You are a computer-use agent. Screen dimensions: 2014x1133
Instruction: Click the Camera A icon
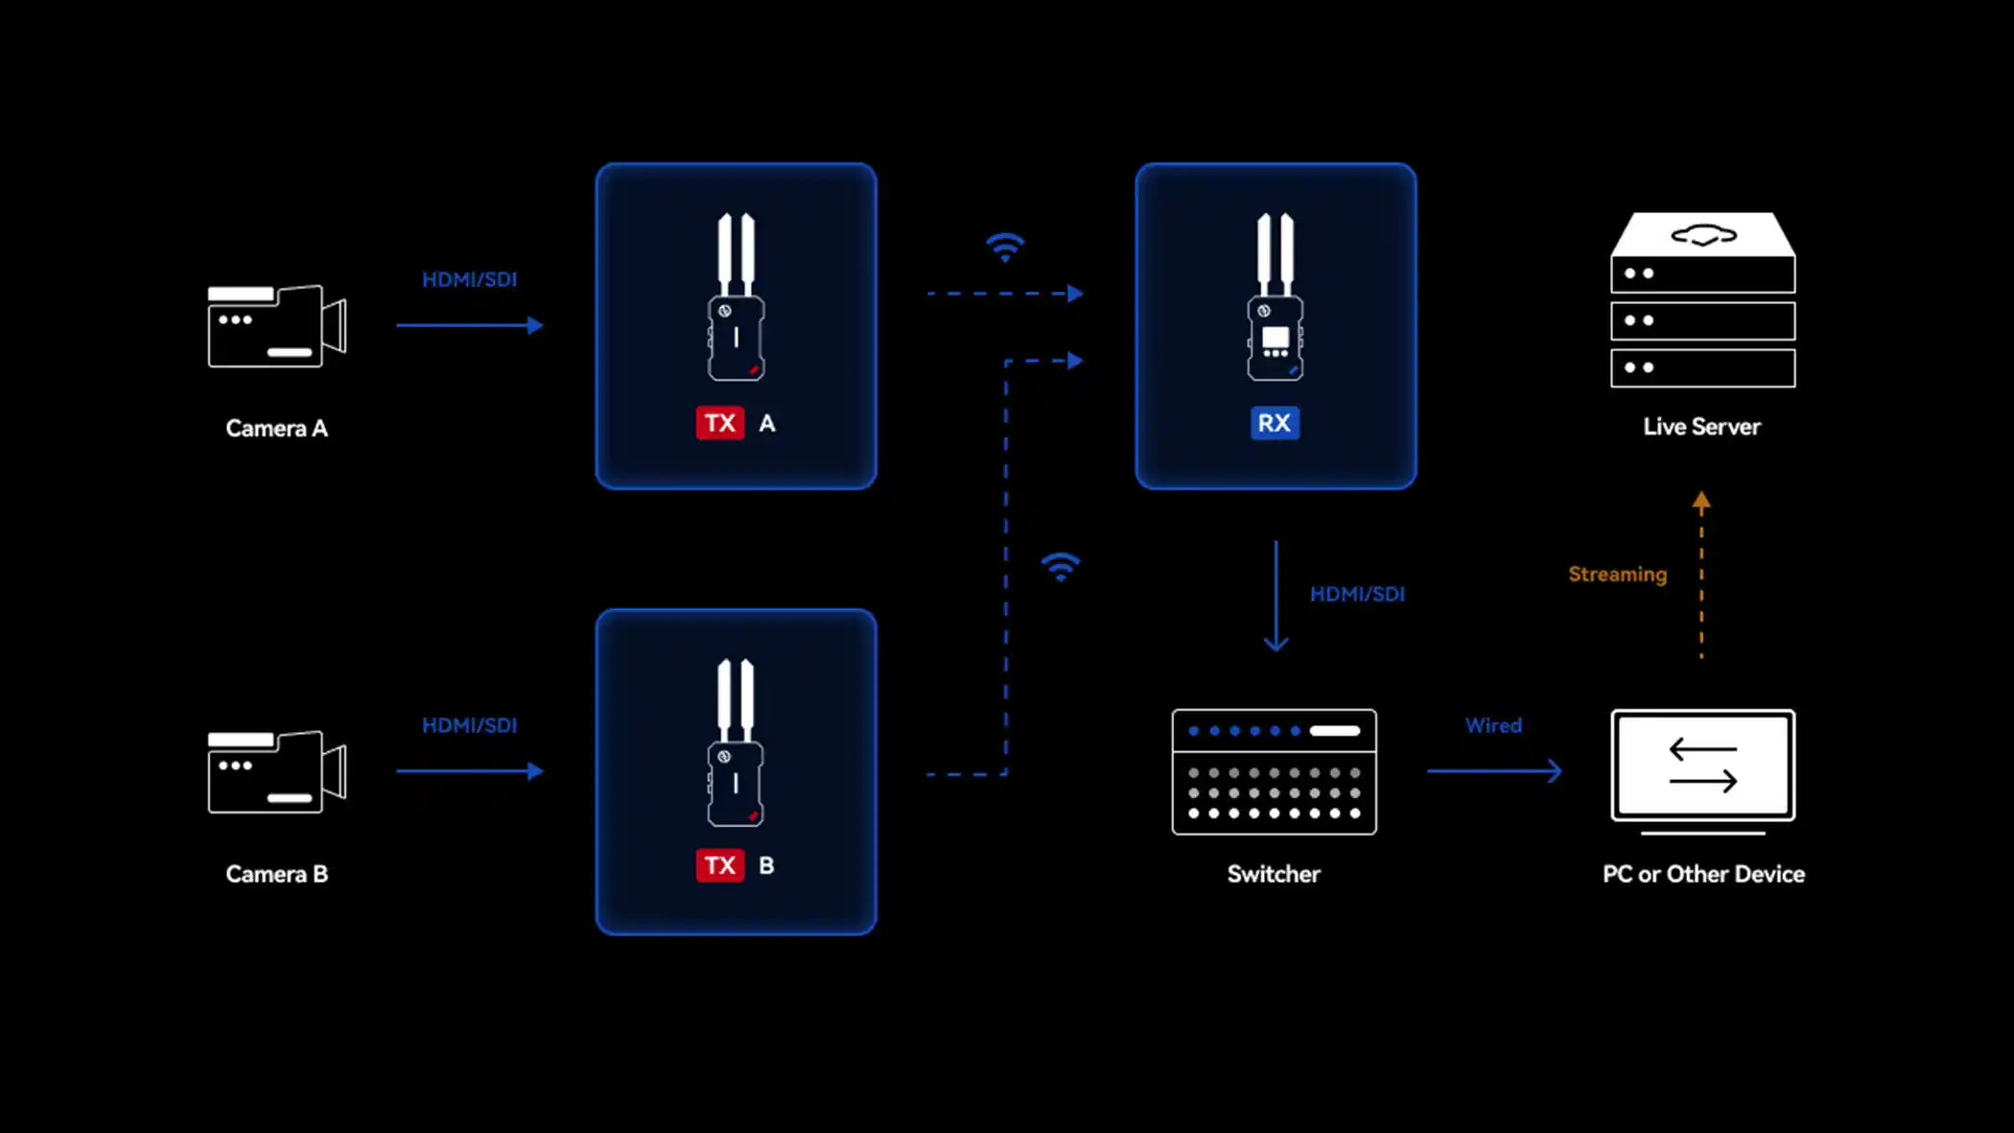click(277, 326)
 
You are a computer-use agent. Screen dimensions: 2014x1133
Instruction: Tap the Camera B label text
click(277, 874)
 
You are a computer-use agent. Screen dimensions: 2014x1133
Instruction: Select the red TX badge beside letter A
click(720, 423)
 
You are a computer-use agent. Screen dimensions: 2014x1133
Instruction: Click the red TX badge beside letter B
click(720, 865)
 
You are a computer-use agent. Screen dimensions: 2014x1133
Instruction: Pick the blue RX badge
click(1275, 423)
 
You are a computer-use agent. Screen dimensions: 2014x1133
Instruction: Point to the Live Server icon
click(1703, 299)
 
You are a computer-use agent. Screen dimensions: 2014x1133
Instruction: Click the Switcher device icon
click(1275, 772)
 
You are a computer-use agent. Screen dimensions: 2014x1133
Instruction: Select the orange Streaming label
click(1618, 575)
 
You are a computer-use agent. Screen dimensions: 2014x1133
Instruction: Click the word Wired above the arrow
click(1493, 725)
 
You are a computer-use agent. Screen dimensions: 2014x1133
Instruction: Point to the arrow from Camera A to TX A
click(470, 325)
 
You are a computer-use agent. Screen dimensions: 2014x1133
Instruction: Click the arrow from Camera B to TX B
click(470, 770)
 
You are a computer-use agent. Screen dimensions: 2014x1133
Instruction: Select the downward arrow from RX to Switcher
click(1276, 596)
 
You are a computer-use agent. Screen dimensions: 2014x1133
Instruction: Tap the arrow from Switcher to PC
click(1494, 770)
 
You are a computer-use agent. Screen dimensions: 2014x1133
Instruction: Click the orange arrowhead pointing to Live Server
click(1701, 500)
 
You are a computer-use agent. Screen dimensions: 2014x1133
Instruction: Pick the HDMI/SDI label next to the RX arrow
click(1357, 594)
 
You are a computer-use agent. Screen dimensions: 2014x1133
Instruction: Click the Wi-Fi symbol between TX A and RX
click(1005, 248)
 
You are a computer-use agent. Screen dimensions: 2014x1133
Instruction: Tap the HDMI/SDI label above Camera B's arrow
click(470, 725)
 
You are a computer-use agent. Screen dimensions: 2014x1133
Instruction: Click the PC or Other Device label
click(1703, 874)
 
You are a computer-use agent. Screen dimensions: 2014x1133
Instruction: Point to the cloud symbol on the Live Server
click(1703, 235)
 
